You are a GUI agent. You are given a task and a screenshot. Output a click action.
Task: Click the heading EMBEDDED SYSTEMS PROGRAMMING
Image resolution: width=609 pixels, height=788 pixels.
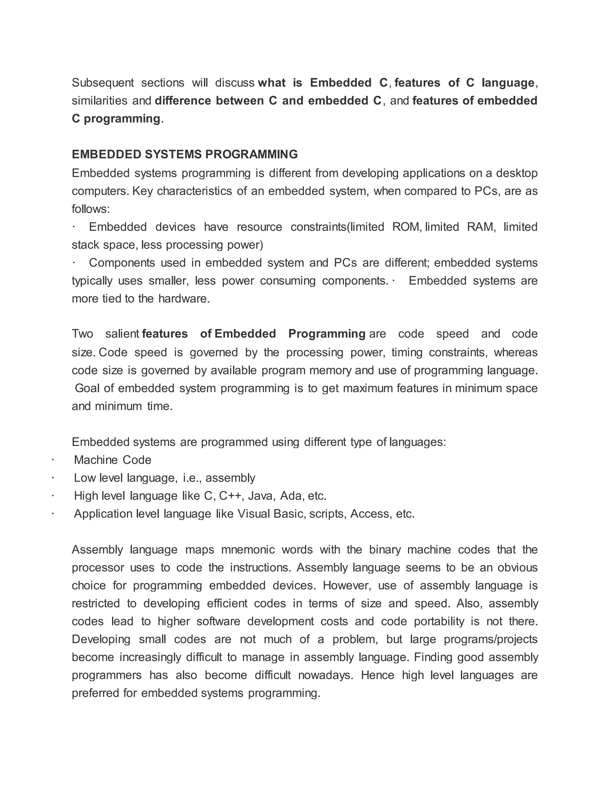(185, 154)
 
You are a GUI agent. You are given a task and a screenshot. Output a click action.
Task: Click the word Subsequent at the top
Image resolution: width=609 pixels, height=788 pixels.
(103, 83)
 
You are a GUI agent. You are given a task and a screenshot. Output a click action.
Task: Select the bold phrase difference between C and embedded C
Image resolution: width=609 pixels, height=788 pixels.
(268, 101)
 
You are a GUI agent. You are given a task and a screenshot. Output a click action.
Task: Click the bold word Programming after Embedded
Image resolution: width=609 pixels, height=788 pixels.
(327, 334)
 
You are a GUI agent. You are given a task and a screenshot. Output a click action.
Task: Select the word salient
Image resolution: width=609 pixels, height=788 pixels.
(122, 334)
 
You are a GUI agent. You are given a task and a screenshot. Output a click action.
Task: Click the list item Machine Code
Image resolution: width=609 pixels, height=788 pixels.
(113, 460)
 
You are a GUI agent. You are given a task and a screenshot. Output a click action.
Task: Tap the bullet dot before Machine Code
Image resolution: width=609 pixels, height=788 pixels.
(53, 460)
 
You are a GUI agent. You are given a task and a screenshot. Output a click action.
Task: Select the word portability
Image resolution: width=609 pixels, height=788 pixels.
(439, 621)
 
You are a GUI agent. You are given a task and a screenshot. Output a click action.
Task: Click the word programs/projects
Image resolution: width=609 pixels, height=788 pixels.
(491, 639)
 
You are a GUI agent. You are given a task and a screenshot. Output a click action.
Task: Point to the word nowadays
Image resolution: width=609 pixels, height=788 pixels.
(325, 675)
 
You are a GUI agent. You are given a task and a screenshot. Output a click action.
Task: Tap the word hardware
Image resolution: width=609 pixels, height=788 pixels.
(184, 299)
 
